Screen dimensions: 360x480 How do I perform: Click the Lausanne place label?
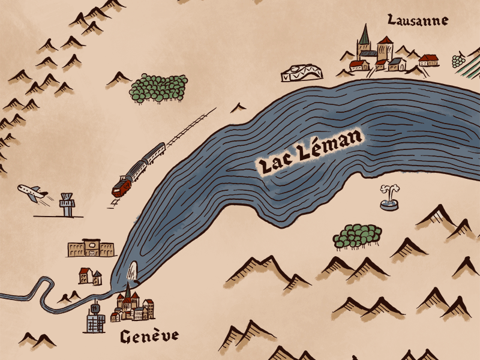click(x=418, y=20)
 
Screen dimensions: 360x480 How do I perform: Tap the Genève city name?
click(x=149, y=337)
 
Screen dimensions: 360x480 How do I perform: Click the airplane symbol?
click(x=31, y=193)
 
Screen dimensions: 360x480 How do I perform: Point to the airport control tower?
click(x=67, y=206)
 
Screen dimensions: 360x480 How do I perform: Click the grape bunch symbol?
click(x=459, y=60)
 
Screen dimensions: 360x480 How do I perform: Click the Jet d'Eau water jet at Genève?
click(x=133, y=273)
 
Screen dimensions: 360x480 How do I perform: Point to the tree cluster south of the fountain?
click(x=358, y=236)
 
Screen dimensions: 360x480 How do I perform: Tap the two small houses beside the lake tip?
click(x=89, y=276)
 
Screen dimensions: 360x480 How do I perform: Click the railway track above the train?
click(x=192, y=127)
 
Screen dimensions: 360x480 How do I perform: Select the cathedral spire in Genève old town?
click(x=127, y=292)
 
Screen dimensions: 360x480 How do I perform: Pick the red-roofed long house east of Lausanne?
click(x=428, y=59)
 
